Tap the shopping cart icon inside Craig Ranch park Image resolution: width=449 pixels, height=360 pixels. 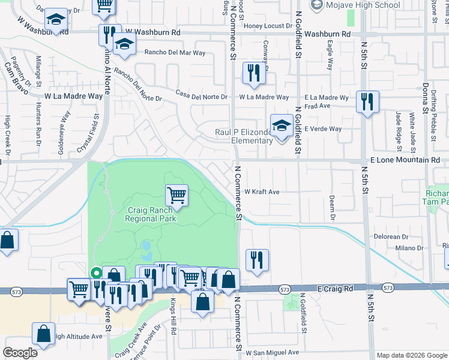(x=177, y=194)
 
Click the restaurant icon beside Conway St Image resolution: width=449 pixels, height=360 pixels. (x=254, y=74)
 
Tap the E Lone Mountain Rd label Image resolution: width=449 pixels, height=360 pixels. (x=405, y=160)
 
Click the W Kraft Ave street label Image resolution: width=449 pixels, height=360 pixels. (x=262, y=192)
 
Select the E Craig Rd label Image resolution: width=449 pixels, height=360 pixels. (x=336, y=289)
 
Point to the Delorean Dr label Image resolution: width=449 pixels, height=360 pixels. (x=391, y=237)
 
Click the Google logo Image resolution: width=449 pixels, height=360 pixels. (x=20, y=353)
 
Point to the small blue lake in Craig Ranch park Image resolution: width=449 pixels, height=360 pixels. (x=146, y=247)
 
